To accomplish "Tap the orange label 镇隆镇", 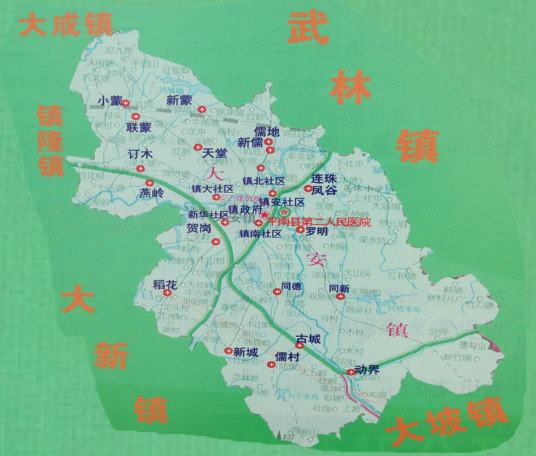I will click(x=50, y=142).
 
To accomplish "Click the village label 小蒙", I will click(x=110, y=101).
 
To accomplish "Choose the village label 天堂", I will click(x=215, y=153).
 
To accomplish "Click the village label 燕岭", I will click(x=153, y=193).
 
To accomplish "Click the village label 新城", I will click(x=245, y=352).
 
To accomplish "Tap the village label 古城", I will click(x=308, y=339).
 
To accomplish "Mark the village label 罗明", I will click(x=317, y=232).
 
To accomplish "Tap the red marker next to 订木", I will click(x=139, y=168).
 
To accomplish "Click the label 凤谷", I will click(x=324, y=190).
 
